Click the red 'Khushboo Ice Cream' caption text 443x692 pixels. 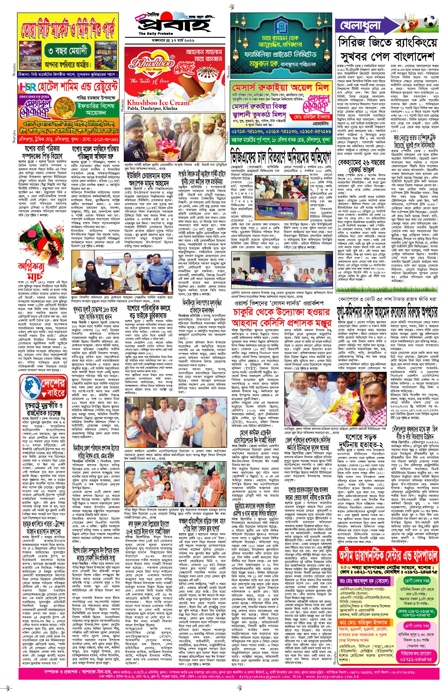point(158,103)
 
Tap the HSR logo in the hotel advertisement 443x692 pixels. point(28,87)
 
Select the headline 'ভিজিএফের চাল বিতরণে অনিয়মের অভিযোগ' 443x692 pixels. point(280,157)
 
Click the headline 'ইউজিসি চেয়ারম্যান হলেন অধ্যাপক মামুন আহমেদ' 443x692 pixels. point(150,179)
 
